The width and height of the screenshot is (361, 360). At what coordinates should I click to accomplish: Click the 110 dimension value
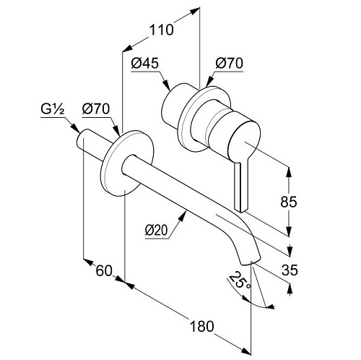point(161,30)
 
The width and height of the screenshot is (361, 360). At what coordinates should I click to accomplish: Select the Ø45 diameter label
point(145,64)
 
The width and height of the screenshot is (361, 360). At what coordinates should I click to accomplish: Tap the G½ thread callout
point(53,110)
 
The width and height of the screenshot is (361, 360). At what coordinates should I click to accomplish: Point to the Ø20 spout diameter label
point(156,231)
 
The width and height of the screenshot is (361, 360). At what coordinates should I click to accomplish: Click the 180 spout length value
point(201,327)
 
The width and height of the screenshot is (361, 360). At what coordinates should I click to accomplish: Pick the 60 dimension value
point(104,270)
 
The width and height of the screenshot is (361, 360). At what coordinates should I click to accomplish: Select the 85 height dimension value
point(289,202)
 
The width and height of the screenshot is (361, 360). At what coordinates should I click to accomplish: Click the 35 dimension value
point(290,270)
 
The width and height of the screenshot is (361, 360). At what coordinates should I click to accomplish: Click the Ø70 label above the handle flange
point(230,64)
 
